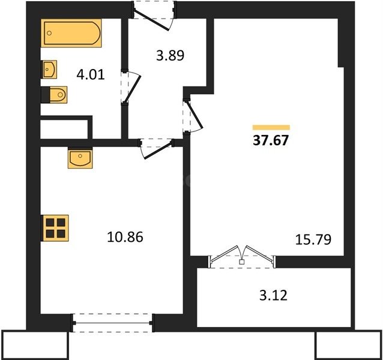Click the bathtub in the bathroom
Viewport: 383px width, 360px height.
[x=71, y=33]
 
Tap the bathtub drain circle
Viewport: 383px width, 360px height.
[x=49, y=33]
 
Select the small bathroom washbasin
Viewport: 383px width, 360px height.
[x=49, y=70]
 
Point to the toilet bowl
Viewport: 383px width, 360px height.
[x=58, y=94]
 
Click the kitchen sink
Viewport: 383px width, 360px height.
[x=80, y=158]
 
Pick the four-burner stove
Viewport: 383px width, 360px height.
[x=55, y=228]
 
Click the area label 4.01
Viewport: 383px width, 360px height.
[x=91, y=74]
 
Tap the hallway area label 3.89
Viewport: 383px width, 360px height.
[x=170, y=55]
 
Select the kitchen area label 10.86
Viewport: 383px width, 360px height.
[x=125, y=237]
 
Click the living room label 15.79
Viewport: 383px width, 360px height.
[x=313, y=239]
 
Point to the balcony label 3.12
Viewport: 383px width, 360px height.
[x=273, y=296]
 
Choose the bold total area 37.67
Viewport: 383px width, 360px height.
[x=271, y=140]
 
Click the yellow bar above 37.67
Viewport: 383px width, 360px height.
[x=271, y=127]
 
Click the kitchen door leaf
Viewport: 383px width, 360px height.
[x=157, y=151]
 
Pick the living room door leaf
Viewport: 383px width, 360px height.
[x=195, y=115]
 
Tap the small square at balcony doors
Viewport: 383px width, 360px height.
[x=242, y=262]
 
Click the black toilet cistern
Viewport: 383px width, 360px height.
[x=45, y=95]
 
